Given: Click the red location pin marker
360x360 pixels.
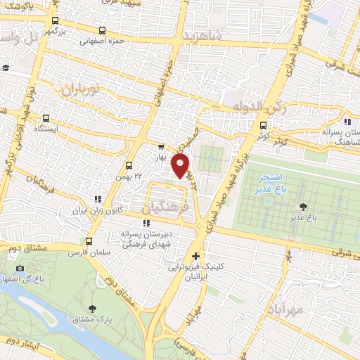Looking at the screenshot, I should pyautogui.click(x=181, y=165).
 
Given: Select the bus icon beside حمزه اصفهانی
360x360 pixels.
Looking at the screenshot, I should pyautogui.click(x=103, y=30).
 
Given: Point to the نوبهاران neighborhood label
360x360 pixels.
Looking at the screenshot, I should pyautogui.click(x=78, y=90).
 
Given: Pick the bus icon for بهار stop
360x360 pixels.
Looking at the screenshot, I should pyautogui.click(x=160, y=147).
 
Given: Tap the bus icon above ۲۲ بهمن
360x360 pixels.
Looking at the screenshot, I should pyautogui.click(x=128, y=165).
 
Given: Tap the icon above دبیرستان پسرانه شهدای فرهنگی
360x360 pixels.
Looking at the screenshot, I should pyautogui.click(x=146, y=224).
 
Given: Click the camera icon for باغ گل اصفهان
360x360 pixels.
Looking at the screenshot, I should pyautogui.click(x=20, y=268).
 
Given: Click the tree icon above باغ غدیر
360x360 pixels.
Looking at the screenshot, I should pyautogui.click(x=303, y=205).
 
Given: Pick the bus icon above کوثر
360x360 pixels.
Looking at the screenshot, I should pyautogui.click(x=264, y=127).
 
